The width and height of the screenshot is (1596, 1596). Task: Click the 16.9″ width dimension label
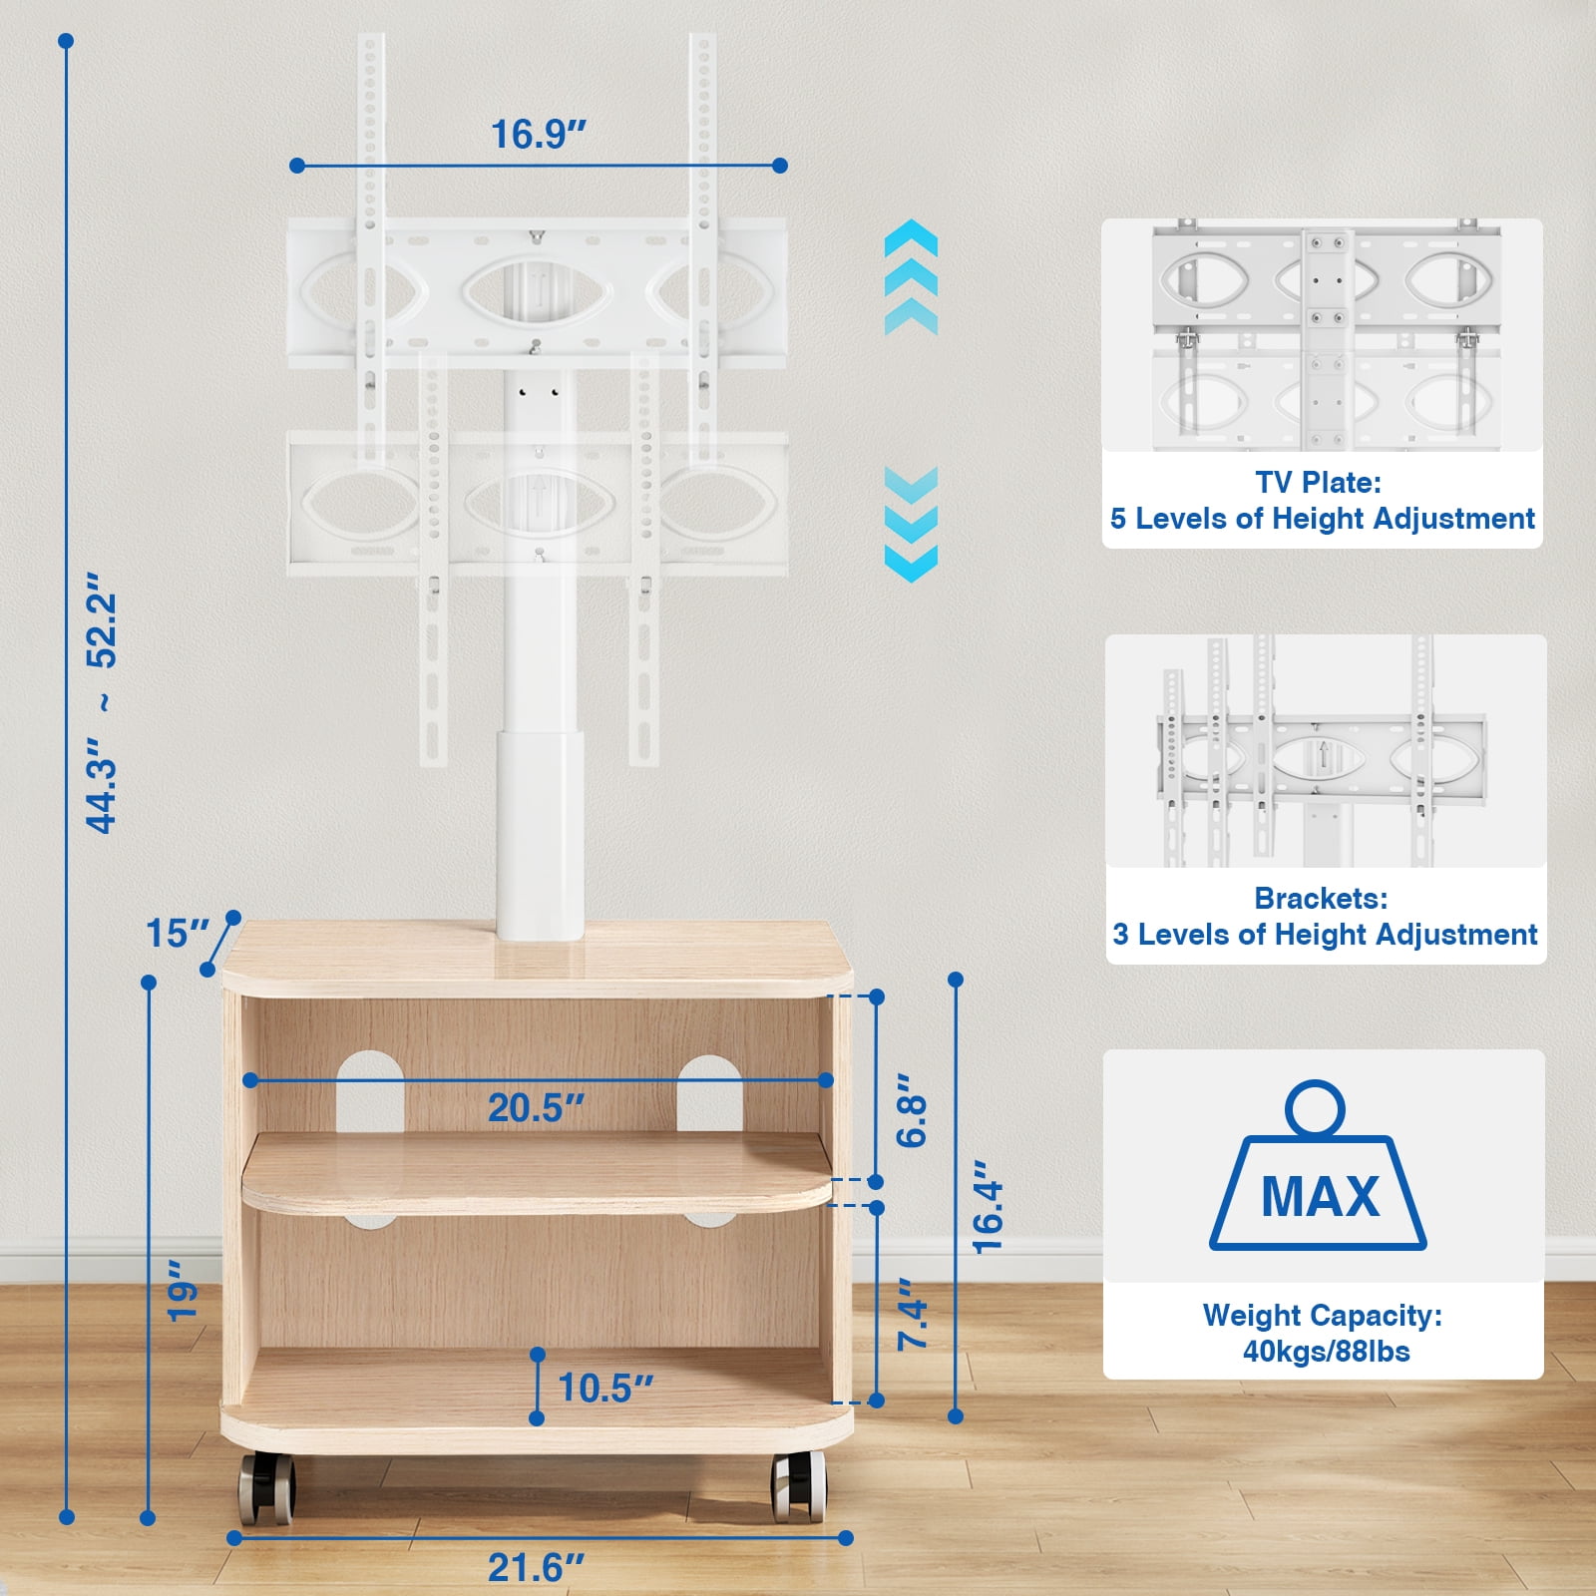pyautogui.click(x=538, y=134)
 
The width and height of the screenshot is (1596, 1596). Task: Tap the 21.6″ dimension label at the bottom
pyautogui.click(x=535, y=1567)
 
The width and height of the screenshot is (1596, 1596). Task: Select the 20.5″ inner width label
pyautogui.click(x=536, y=1108)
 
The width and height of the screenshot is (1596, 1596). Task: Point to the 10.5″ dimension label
pyautogui.click(x=605, y=1388)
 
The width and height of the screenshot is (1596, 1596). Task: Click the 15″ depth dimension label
pyautogui.click(x=178, y=934)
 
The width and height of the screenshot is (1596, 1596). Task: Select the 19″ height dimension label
pyautogui.click(x=184, y=1291)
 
